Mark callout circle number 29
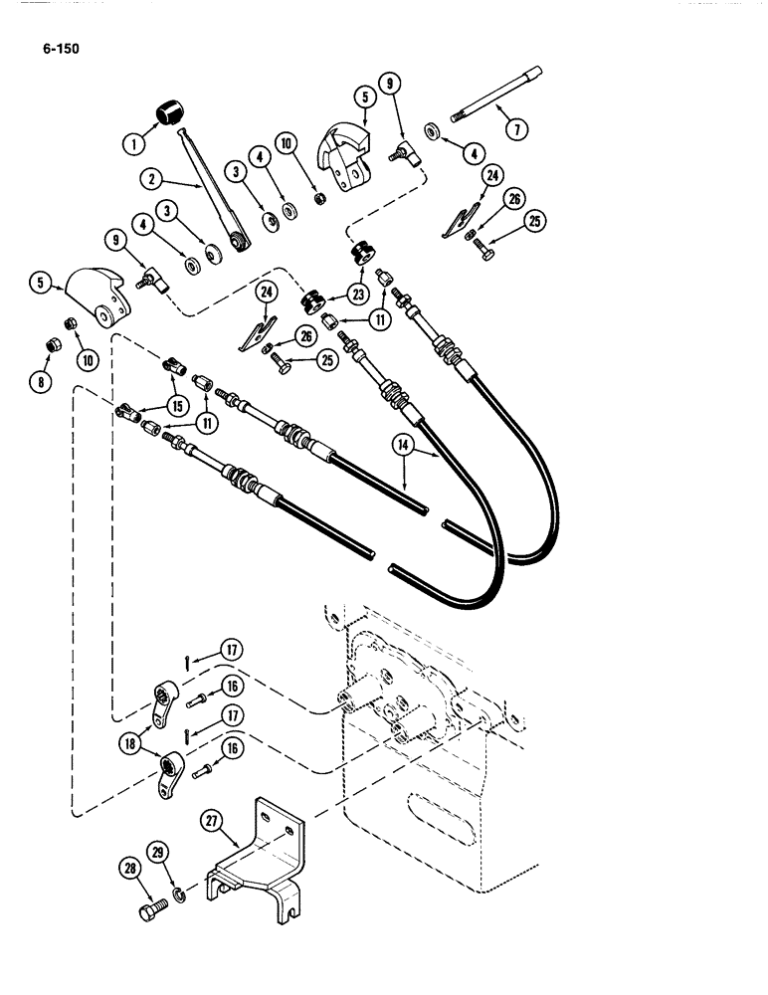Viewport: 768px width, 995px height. (158, 852)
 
